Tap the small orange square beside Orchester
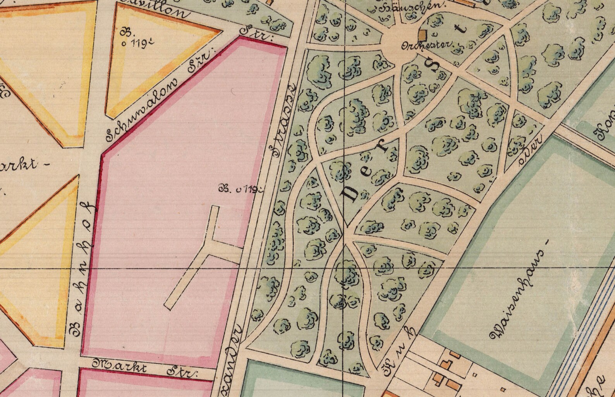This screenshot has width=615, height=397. [x=423, y=35]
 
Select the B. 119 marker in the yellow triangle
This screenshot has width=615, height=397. [x=134, y=38]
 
